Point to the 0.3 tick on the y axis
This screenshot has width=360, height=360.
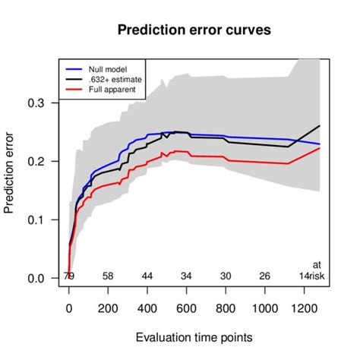[46, 103]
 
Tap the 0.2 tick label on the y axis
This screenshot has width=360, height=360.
[46, 161]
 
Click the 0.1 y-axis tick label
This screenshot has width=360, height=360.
[46, 219]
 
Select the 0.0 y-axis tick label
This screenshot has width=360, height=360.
[46, 278]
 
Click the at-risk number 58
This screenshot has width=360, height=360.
[108, 276]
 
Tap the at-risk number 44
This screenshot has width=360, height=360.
[147, 276]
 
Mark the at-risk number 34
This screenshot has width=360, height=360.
[186, 276]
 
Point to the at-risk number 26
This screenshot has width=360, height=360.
[264, 276]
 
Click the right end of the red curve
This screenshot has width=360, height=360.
[320, 148]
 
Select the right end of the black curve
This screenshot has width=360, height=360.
[320, 125]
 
